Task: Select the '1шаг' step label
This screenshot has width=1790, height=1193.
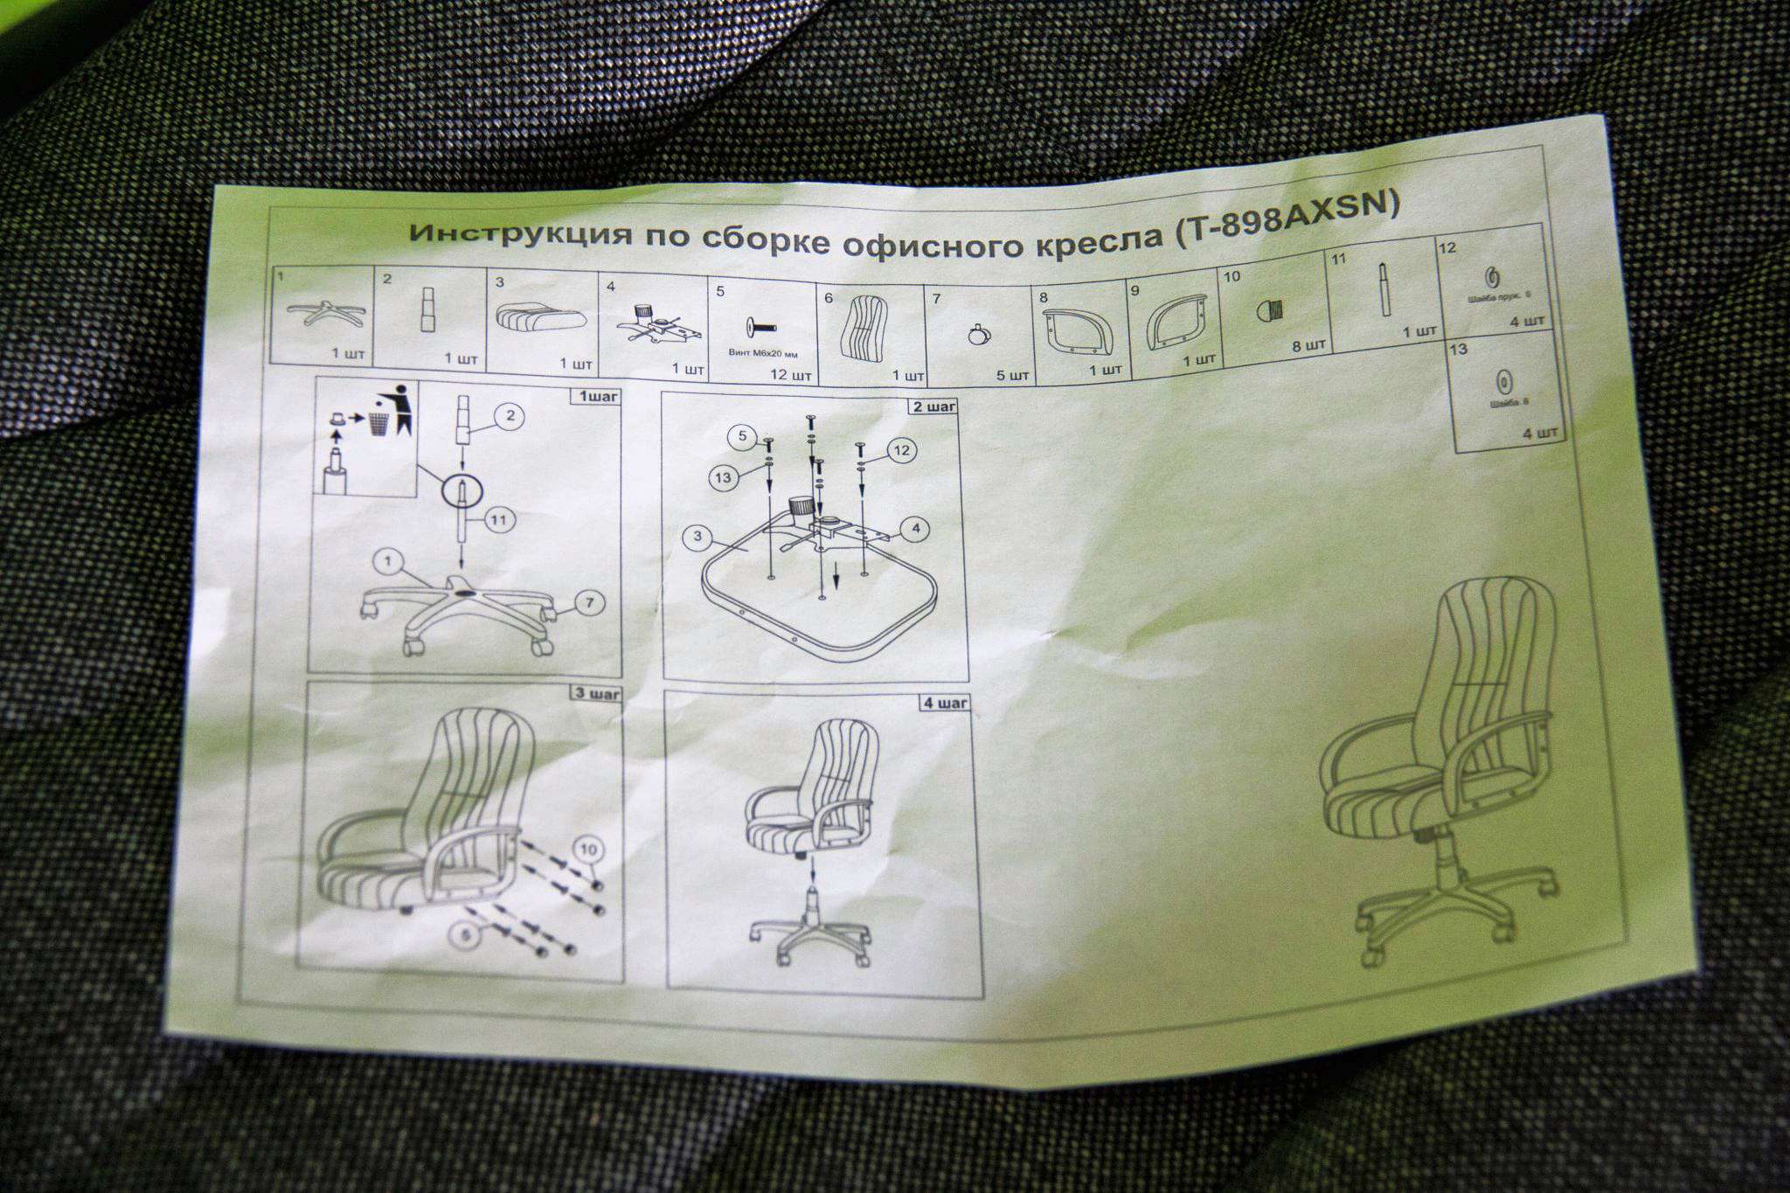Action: (596, 397)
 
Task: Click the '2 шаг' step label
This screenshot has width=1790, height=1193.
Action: (934, 406)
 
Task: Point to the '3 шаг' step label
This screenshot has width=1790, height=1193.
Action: (598, 694)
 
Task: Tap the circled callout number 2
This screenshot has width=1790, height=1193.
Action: (510, 416)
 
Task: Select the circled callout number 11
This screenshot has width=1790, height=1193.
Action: (499, 521)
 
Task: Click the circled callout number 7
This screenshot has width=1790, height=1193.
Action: (590, 602)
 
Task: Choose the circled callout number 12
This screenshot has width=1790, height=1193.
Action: (902, 451)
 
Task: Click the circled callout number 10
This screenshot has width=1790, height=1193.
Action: (589, 849)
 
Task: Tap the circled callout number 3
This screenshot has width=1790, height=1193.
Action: (697, 536)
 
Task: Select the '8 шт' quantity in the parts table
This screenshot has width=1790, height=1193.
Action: (1308, 345)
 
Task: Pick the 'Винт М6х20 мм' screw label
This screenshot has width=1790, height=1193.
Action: (763, 354)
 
